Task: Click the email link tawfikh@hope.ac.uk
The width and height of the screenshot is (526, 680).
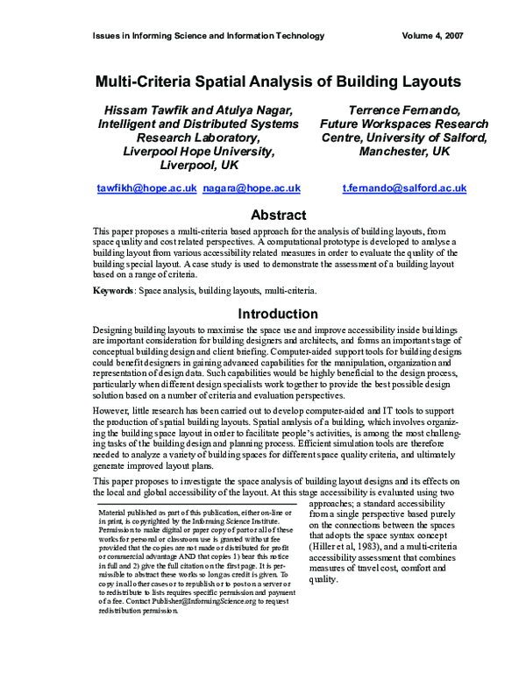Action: tap(146, 188)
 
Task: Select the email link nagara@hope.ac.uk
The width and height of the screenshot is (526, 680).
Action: tap(252, 188)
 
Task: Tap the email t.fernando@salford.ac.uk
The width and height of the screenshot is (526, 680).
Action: tap(404, 188)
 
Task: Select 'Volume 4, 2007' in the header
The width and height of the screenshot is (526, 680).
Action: tap(423, 36)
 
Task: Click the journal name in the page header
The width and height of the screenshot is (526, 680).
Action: tap(209, 36)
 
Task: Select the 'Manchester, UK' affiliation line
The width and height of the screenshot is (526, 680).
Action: tap(392, 152)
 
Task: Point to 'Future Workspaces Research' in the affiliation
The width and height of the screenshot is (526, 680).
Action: tap(392, 124)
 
